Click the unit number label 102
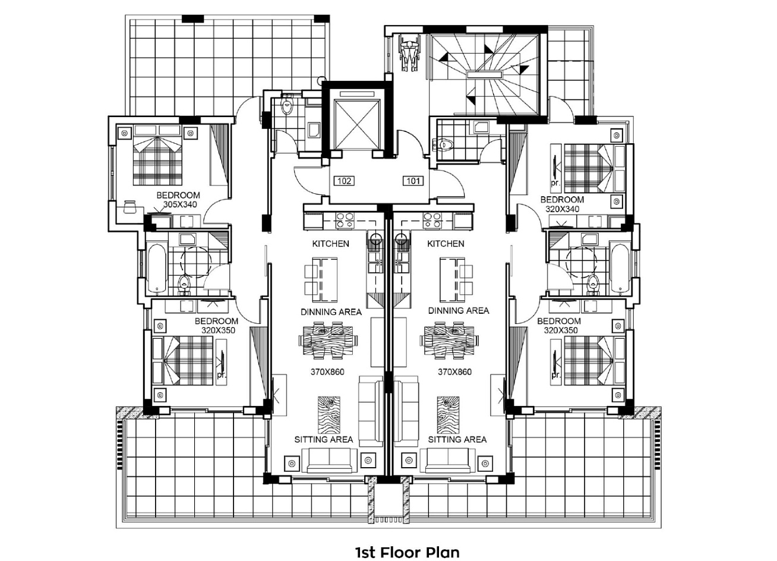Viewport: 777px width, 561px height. [x=344, y=181]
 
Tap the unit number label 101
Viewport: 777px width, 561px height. [x=413, y=181]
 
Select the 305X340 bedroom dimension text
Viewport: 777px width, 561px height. [x=179, y=204]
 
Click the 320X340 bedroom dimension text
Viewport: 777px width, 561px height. [x=563, y=209]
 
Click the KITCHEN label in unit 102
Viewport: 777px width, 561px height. [x=330, y=244]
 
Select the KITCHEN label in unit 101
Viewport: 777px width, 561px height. [x=446, y=244]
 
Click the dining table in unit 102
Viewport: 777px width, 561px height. [x=329, y=341]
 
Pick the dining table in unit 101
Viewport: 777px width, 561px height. [x=450, y=341]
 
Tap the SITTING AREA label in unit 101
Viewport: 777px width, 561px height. [x=457, y=440]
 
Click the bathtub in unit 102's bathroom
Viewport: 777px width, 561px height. [x=157, y=268]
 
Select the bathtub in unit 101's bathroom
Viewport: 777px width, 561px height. [x=621, y=268]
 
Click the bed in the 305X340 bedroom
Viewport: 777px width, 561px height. [x=158, y=160]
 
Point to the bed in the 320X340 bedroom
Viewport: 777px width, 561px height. [x=589, y=168]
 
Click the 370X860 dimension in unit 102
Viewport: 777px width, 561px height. [x=327, y=372]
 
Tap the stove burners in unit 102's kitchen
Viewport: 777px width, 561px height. [x=345, y=220]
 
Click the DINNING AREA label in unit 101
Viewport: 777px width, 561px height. [x=459, y=310]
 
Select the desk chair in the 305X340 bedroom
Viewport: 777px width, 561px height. [x=129, y=207]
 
